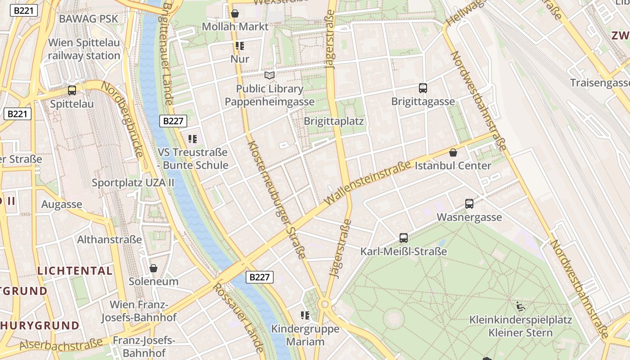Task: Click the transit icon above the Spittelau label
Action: [x=72, y=90]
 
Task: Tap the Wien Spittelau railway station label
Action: [x=84, y=49]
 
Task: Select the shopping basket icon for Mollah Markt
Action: [x=234, y=14]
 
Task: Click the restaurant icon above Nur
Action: [x=239, y=46]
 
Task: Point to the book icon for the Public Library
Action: [x=270, y=75]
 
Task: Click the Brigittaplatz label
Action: [x=333, y=121]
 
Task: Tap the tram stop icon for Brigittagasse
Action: [x=423, y=88]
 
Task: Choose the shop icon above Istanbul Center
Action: [x=453, y=153]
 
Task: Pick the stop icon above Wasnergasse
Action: [x=469, y=204]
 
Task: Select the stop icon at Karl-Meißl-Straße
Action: [x=404, y=238]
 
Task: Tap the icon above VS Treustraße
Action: [x=193, y=139]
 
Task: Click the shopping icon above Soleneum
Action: [x=153, y=268]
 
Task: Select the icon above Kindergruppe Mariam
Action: [x=305, y=315]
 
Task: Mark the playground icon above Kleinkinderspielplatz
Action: [x=521, y=307]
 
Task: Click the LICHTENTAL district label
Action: [x=75, y=271]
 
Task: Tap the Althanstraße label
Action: [x=109, y=239]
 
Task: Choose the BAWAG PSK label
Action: [x=89, y=19]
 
